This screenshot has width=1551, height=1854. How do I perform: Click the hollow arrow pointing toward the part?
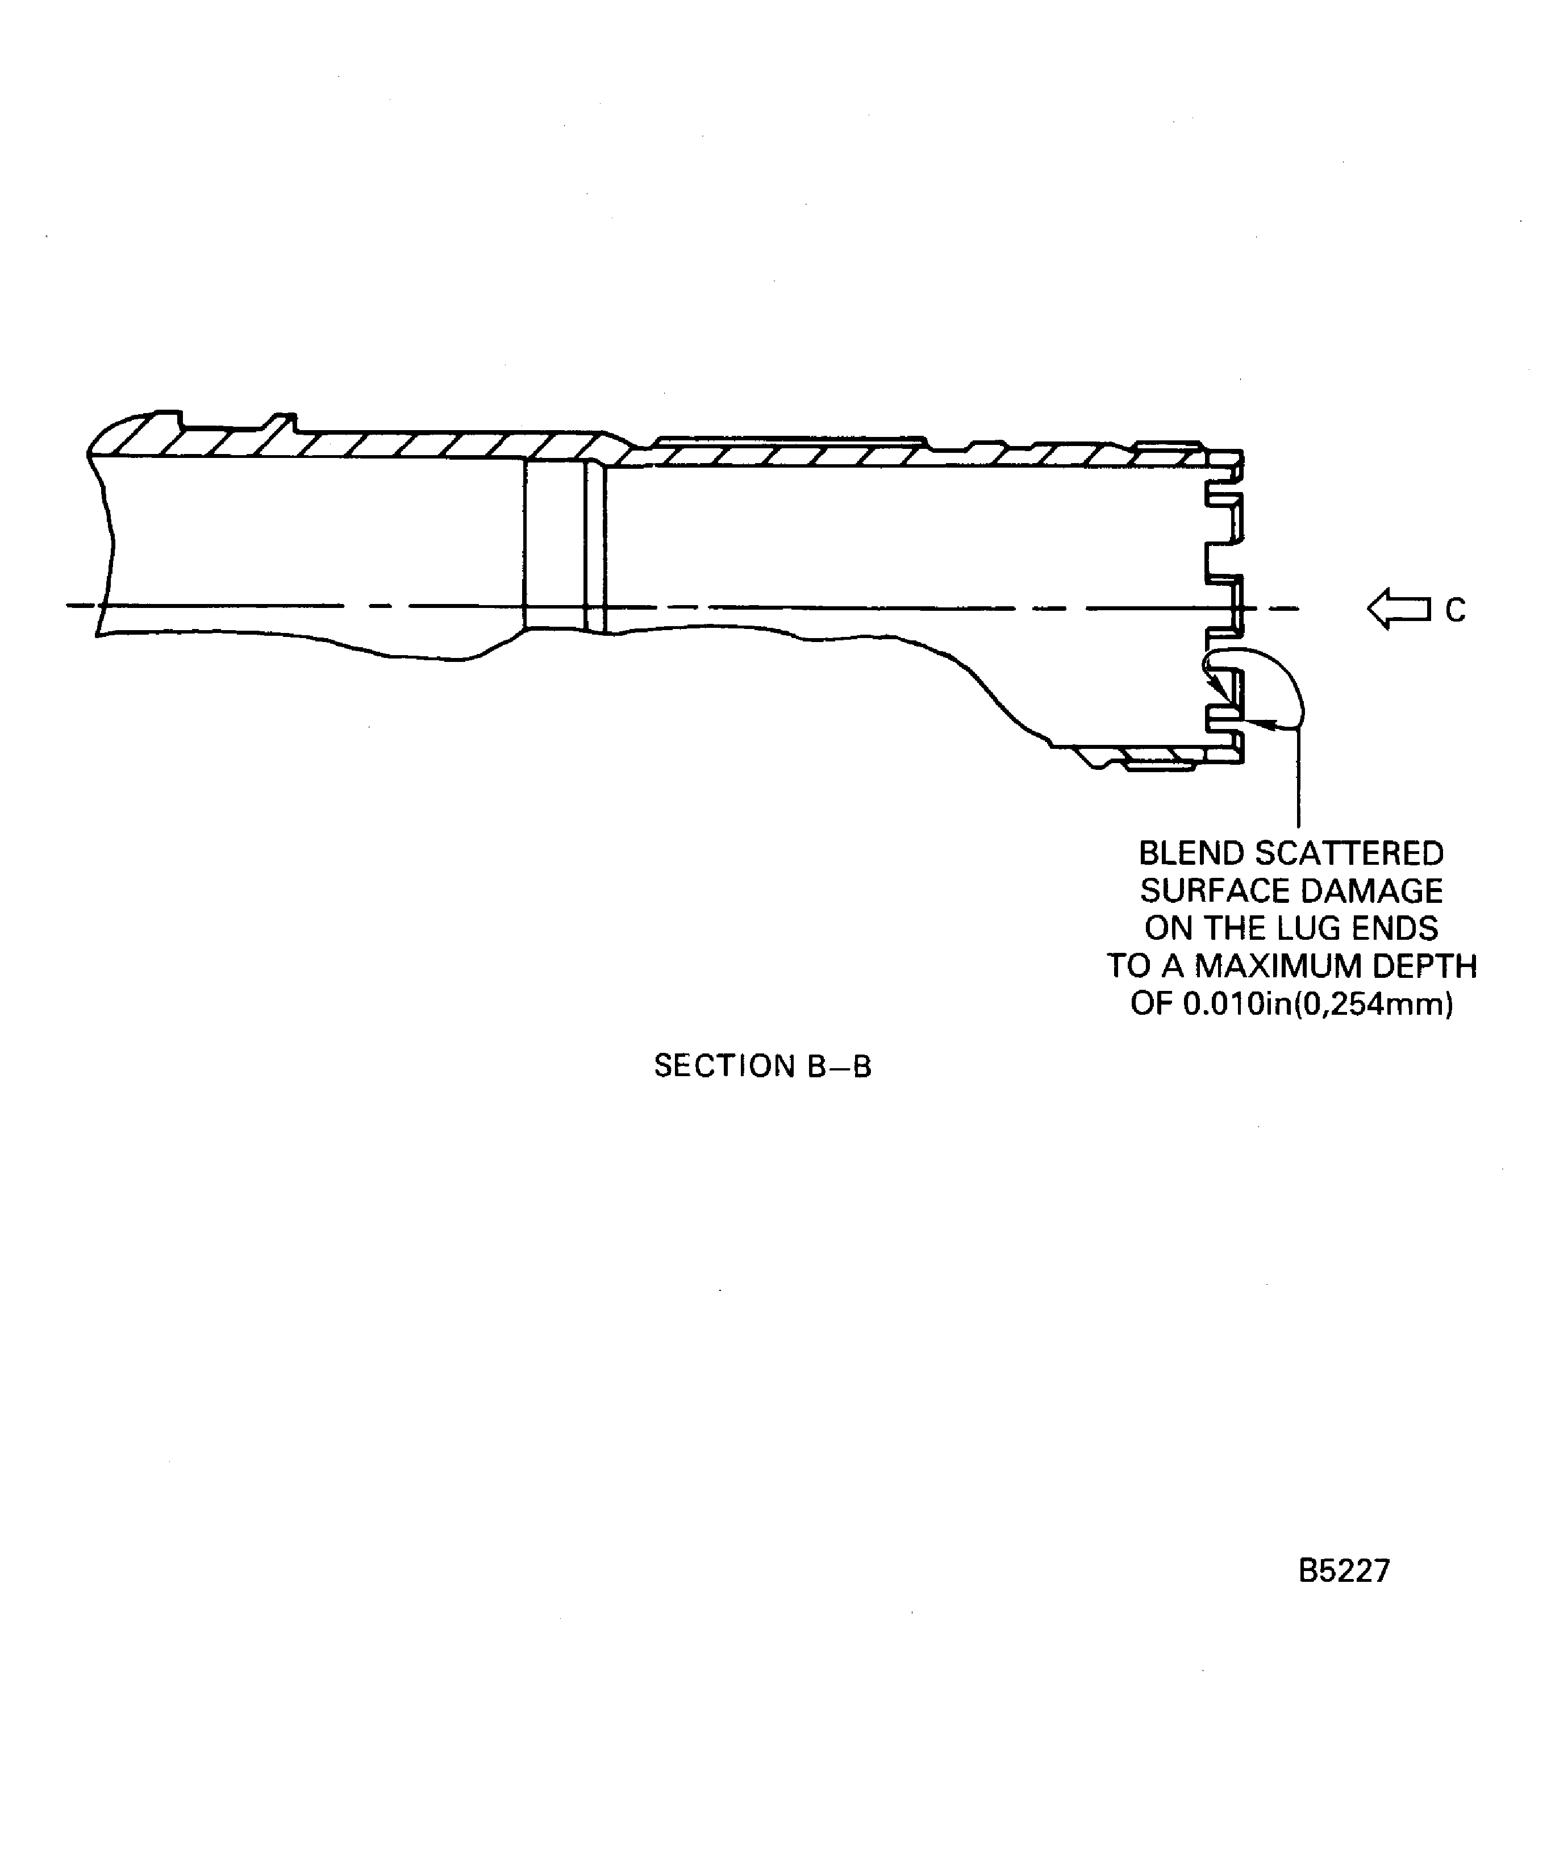1398,609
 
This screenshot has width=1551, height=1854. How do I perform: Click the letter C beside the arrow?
1455,610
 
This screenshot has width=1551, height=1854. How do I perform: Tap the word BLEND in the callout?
1191,854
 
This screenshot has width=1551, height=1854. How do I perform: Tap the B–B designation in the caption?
839,1066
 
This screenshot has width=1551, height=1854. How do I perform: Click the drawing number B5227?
1344,1570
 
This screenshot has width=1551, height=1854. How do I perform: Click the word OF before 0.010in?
1151,1005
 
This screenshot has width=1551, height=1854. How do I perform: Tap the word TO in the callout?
1128,966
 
